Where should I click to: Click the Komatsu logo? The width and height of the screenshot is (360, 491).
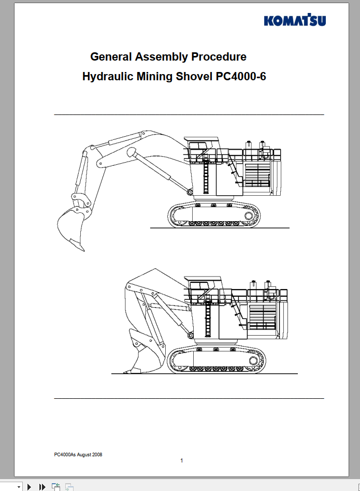[295, 21]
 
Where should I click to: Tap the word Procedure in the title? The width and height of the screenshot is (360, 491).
[219, 56]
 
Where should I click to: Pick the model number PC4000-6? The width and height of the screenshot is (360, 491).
[241, 77]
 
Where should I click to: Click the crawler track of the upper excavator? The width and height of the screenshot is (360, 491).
[212, 213]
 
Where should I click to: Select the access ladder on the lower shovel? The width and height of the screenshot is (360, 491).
[207, 319]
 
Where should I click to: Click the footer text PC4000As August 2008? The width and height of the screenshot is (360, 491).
[78, 455]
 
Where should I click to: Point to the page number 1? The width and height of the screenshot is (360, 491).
[181, 461]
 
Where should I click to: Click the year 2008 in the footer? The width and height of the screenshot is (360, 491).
[97, 455]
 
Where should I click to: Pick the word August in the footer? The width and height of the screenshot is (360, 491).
[83, 455]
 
